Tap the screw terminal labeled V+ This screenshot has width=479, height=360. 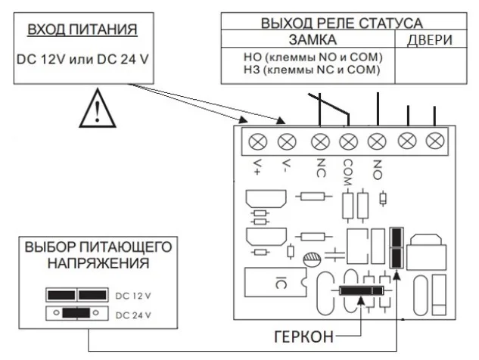[257, 141]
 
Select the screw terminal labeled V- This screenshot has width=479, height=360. [286, 141]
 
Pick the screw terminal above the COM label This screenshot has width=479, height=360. [348, 141]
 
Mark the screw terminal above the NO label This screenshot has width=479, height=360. [377, 141]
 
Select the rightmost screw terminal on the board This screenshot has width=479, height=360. [434, 141]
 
